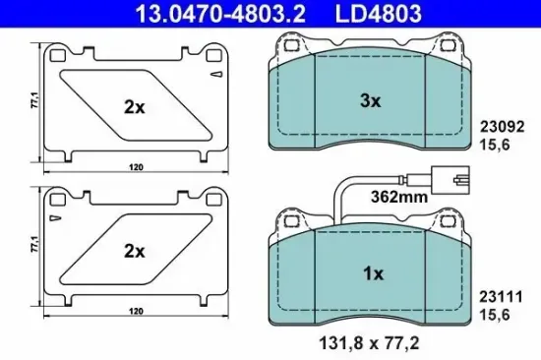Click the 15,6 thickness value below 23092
point(496,144)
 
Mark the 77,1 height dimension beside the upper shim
point(34,100)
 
